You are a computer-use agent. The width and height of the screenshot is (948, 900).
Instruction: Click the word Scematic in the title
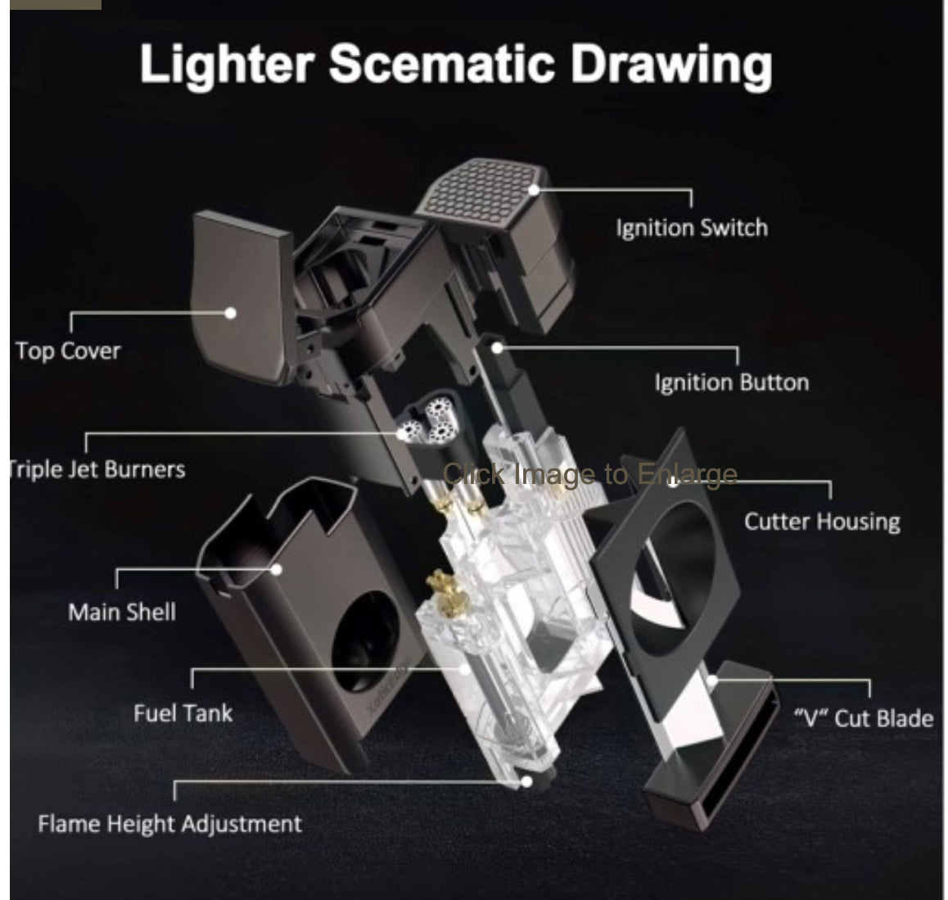441,64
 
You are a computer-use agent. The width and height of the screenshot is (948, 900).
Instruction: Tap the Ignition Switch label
693,228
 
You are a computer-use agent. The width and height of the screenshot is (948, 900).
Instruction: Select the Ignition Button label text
732,383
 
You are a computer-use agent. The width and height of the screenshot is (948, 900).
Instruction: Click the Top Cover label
68,351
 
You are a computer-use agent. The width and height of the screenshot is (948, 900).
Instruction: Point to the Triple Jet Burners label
97,469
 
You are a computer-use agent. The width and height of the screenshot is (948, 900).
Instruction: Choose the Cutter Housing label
822,522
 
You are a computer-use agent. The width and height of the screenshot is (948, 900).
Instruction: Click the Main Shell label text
122,612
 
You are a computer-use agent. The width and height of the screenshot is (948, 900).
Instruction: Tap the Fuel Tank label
183,713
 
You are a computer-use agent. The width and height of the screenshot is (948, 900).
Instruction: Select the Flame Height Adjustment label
170,824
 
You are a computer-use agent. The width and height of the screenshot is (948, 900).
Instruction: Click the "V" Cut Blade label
864,718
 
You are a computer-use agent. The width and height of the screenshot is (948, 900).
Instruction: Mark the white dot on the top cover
230,313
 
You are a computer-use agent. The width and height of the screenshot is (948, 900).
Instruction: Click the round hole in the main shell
366,641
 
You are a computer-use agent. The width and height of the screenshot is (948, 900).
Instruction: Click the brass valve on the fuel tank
446,595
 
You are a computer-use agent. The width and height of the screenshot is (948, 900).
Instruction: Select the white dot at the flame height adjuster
526,782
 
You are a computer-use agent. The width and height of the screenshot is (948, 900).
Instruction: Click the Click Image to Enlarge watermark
590,474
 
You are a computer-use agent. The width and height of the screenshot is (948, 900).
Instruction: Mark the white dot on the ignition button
497,348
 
